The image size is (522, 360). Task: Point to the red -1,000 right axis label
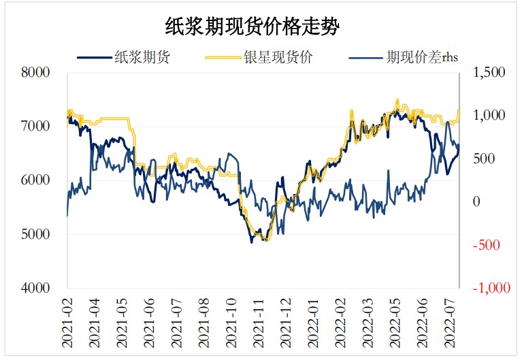[487, 289]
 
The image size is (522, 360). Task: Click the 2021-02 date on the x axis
[68, 320]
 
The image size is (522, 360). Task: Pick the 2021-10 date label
[231, 320]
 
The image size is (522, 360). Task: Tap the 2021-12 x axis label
[285, 320]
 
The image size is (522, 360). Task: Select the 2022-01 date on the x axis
[312, 320]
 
